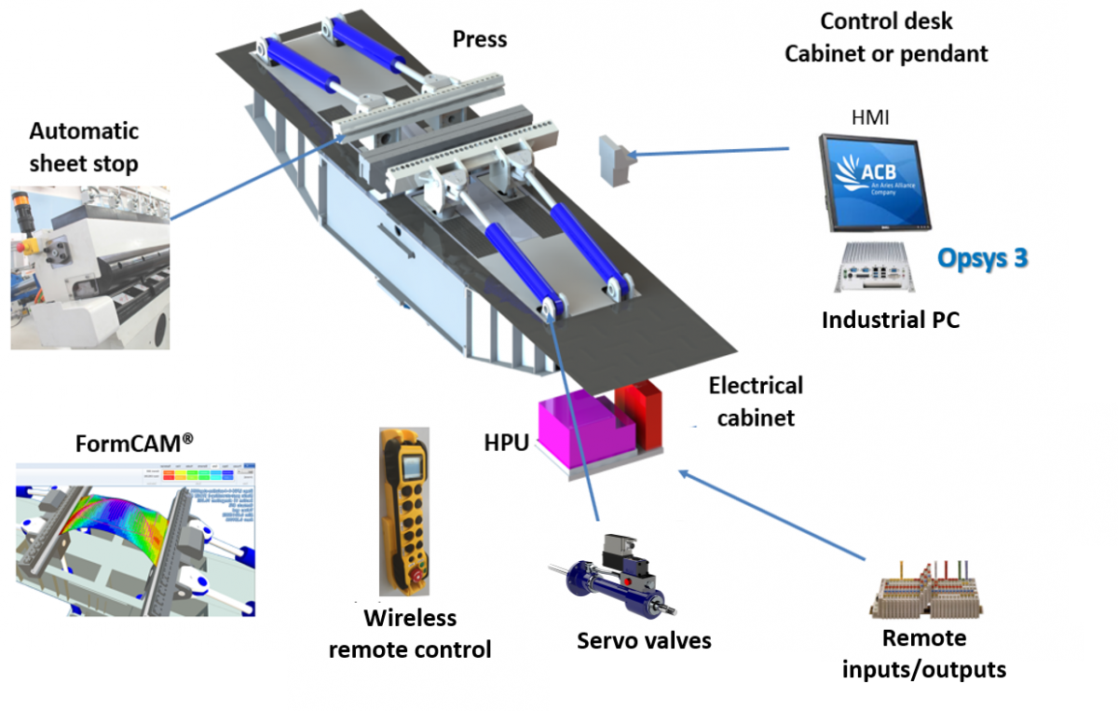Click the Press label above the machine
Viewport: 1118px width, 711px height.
coord(480,39)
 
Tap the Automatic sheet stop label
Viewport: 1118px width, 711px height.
coord(84,147)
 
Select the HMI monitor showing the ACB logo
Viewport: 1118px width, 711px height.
coord(875,183)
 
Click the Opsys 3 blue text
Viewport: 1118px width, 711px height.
coord(983,258)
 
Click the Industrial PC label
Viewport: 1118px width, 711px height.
coord(891,321)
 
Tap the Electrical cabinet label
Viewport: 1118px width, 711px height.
coord(756,401)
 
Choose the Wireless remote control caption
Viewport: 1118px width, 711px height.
coord(410,634)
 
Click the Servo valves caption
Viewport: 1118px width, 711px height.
coord(644,640)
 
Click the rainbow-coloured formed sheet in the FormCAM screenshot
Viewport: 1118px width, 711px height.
coord(121,531)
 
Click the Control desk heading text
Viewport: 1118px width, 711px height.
coord(886,21)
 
